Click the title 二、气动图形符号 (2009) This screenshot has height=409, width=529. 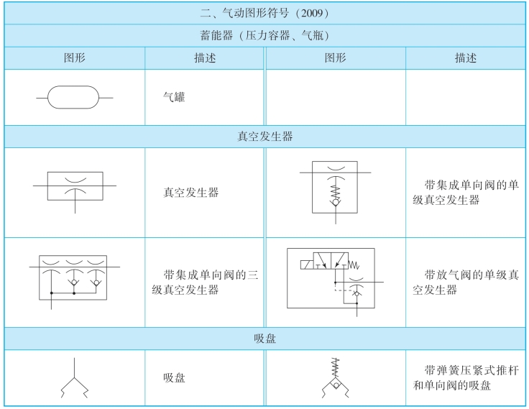[264, 13]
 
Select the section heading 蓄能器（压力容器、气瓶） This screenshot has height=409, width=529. [264, 35]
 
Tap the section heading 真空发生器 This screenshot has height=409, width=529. [264, 137]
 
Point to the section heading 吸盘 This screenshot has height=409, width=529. [264, 338]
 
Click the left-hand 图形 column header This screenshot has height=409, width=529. [75, 58]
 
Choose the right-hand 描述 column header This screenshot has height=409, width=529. [465, 58]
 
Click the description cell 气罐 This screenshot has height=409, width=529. [174, 97]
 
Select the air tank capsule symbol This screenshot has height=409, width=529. [74, 97]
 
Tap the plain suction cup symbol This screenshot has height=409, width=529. [74, 378]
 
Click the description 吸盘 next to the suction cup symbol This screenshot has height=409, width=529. [174, 377]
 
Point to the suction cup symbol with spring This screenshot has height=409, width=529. [335, 378]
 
